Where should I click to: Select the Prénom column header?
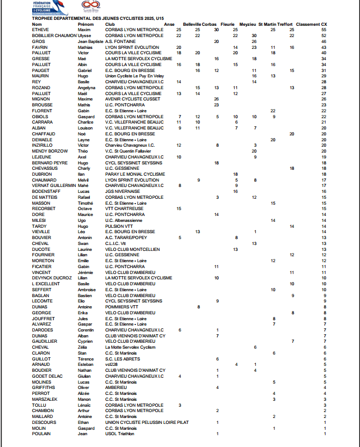click(x=85, y=24)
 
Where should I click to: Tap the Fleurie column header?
click(x=227, y=24)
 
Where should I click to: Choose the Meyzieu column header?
click(x=248, y=24)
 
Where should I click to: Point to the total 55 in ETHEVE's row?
click(x=324, y=30)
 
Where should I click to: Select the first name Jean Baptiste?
click(x=90, y=41)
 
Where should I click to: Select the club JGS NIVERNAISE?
click(x=123, y=191)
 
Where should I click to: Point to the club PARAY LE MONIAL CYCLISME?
click(x=135, y=174)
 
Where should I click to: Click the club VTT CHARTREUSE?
click(x=122, y=208)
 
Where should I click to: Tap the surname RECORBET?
click(x=44, y=208)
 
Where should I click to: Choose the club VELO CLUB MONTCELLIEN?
click(x=132, y=249)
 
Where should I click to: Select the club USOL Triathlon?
click(x=120, y=434)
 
